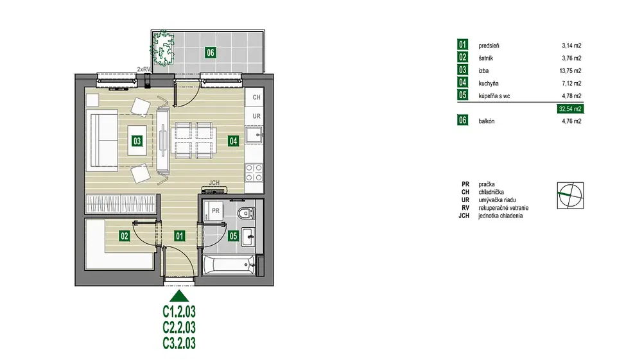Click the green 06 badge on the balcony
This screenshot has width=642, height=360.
pos(211,53)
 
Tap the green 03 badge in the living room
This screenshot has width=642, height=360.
pos(137,141)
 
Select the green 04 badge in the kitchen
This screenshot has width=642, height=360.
pos(234,141)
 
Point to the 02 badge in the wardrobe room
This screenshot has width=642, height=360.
pos(125,236)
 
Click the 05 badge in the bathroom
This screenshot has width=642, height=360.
pos(234,236)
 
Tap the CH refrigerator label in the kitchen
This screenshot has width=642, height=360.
pos(256,98)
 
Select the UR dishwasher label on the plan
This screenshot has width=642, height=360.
pos(256,116)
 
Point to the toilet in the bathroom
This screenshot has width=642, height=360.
pos(247,213)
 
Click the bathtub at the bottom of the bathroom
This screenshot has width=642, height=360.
pos(229,265)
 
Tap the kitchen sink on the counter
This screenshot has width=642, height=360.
pos(254,135)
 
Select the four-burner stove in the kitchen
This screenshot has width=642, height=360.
pos(254,173)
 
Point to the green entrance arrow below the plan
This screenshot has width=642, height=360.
pos(179,296)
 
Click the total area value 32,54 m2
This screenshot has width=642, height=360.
pos(570,109)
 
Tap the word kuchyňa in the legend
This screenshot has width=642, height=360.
pos(489,83)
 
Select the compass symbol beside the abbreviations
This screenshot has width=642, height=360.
pos(570,196)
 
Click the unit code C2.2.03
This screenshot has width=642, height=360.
pos(179,327)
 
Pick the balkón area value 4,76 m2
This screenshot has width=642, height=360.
pos(571,121)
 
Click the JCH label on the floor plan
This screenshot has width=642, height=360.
pos(214,183)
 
